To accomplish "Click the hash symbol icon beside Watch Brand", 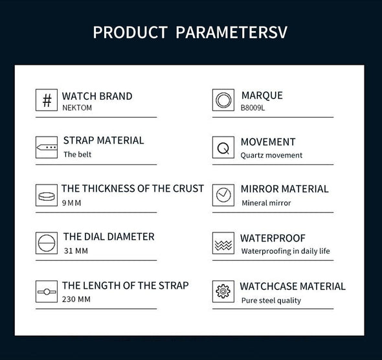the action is pos(47,100).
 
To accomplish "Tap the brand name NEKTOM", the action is pos(77,107).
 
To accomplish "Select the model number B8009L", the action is pos(253,107).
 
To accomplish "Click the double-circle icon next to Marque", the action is pos(223,100).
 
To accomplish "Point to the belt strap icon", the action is pos(47,148).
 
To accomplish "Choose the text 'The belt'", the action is pos(77,155).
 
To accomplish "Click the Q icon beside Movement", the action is pos(223,148).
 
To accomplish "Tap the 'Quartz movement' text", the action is pos(271,155).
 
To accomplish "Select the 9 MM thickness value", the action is pos(71,203).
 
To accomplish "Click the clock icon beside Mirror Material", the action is pos(223,195).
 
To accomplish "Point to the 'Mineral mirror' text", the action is pos(266,203).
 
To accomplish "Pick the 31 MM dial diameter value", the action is pos(76,251).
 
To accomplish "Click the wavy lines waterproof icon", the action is pos(223,245).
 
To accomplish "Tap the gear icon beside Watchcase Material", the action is pos(223,291).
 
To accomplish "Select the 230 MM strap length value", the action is pos(76,299).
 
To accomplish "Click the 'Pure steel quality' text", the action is pos(271,300).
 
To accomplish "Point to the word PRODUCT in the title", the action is pos(130,32).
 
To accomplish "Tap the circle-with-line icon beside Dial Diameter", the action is pos(47,243).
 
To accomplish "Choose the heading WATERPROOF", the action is pos(273,238).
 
